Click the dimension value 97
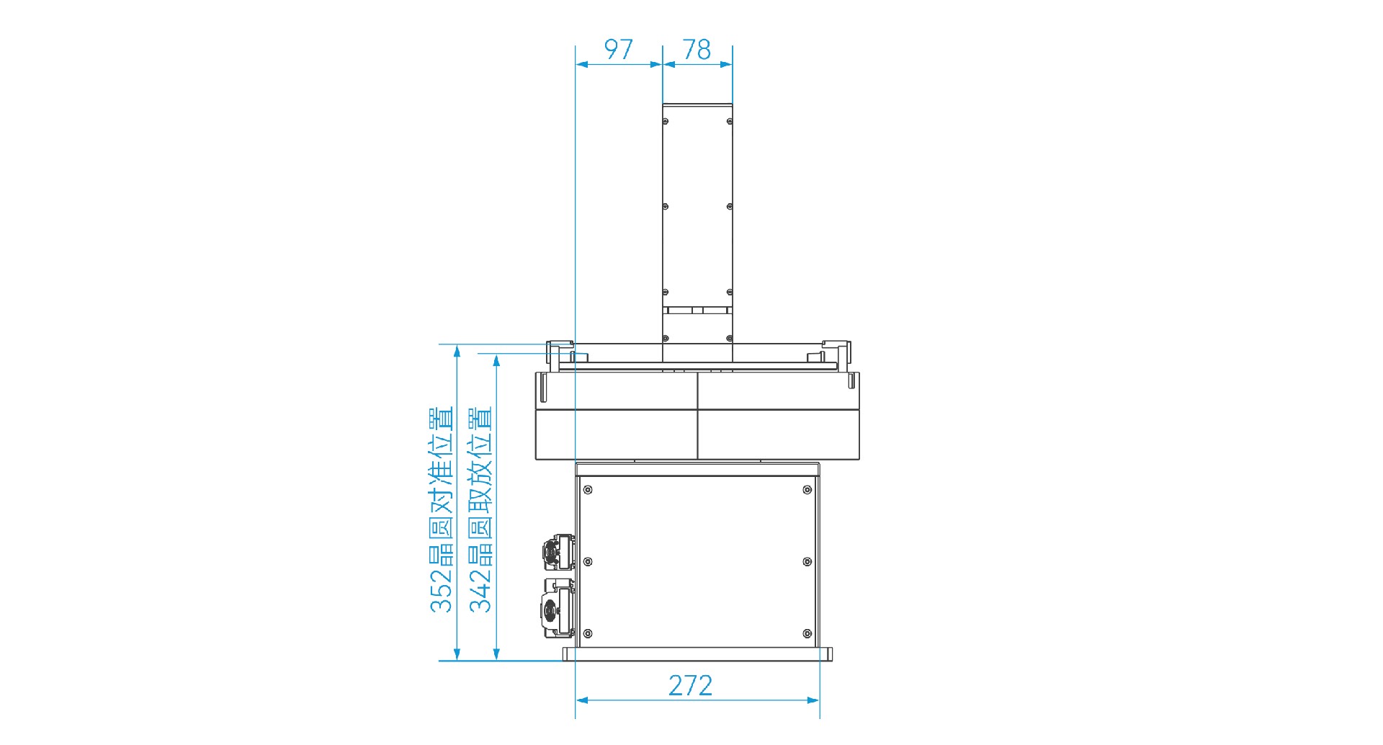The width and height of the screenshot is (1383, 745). [x=618, y=49]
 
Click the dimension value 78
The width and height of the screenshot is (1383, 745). [x=697, y=49]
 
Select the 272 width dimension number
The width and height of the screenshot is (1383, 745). [x=690, y=685]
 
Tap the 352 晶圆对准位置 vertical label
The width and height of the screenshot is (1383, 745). [x=441, y=509]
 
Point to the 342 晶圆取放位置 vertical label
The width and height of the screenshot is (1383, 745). [x=480, y=509]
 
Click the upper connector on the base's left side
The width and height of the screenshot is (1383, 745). [x=559, y=552]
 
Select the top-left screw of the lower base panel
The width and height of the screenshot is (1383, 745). [x=588, y=490]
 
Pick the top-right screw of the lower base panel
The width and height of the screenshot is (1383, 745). [x=807, y=490]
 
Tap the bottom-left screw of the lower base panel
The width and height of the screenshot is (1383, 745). [x=588, y=633]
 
